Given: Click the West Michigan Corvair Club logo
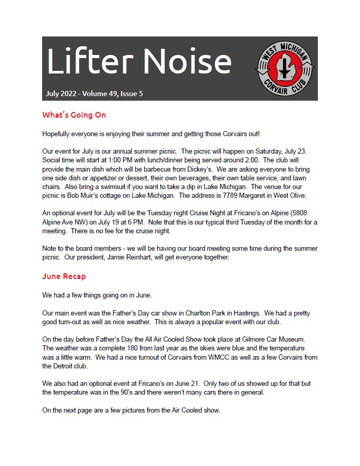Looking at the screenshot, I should coord(285,68).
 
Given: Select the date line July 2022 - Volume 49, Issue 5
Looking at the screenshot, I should coord(94,94).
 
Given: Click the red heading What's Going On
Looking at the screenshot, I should coord(74,115).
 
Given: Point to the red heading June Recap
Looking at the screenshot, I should coord(64,276).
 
